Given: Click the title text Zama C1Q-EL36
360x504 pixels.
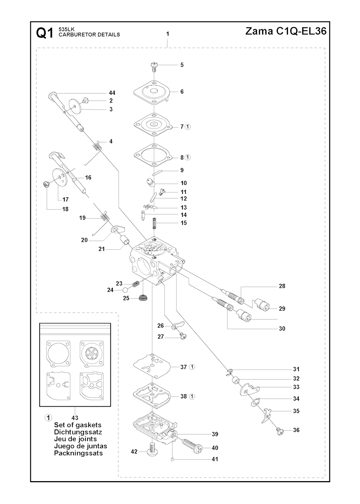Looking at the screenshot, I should [x=285, y=31].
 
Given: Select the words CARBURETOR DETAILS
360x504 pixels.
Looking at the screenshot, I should [x=89, y=35].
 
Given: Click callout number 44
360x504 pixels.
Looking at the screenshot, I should [x=112, y=93].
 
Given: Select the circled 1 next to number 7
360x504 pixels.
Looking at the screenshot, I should [x=188, y=127].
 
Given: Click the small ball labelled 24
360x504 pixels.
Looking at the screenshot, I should [x=125, y=290].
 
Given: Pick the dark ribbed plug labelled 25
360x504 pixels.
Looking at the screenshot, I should [x=142, y=298].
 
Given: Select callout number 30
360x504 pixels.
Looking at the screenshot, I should [x=282, y=329].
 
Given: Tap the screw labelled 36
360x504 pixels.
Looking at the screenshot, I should [x=280, y=431].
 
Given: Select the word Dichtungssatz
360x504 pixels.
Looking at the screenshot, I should [x=78, y=432].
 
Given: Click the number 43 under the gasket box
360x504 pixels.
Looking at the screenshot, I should [x=75, y=418].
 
